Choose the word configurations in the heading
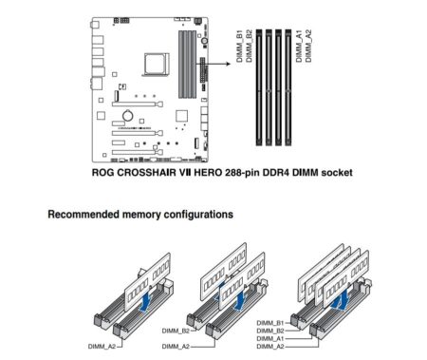pyautogui.click(x=196, y=216)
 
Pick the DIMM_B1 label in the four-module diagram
pyautogui.click(x=269, y=321)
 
